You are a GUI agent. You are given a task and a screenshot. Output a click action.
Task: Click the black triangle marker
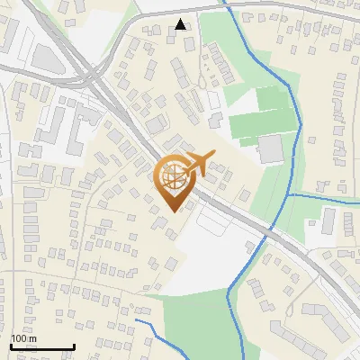[x=181, y=24]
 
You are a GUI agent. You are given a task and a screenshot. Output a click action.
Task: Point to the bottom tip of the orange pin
[x=175, y=211]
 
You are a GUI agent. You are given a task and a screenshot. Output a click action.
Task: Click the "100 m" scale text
[x=24, y=338]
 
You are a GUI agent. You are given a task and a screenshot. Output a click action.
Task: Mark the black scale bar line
[x=41, y=347]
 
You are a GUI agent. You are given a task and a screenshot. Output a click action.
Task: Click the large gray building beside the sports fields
[x=270, y=149]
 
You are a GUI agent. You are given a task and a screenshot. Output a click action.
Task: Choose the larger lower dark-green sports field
[x=261, y=126]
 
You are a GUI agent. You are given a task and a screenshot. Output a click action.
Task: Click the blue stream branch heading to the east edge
[x=324, y=195]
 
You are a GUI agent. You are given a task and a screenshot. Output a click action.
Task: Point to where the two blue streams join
[x=289, y=193]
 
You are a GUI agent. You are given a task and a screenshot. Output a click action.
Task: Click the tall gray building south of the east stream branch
[x=328, y=220]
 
